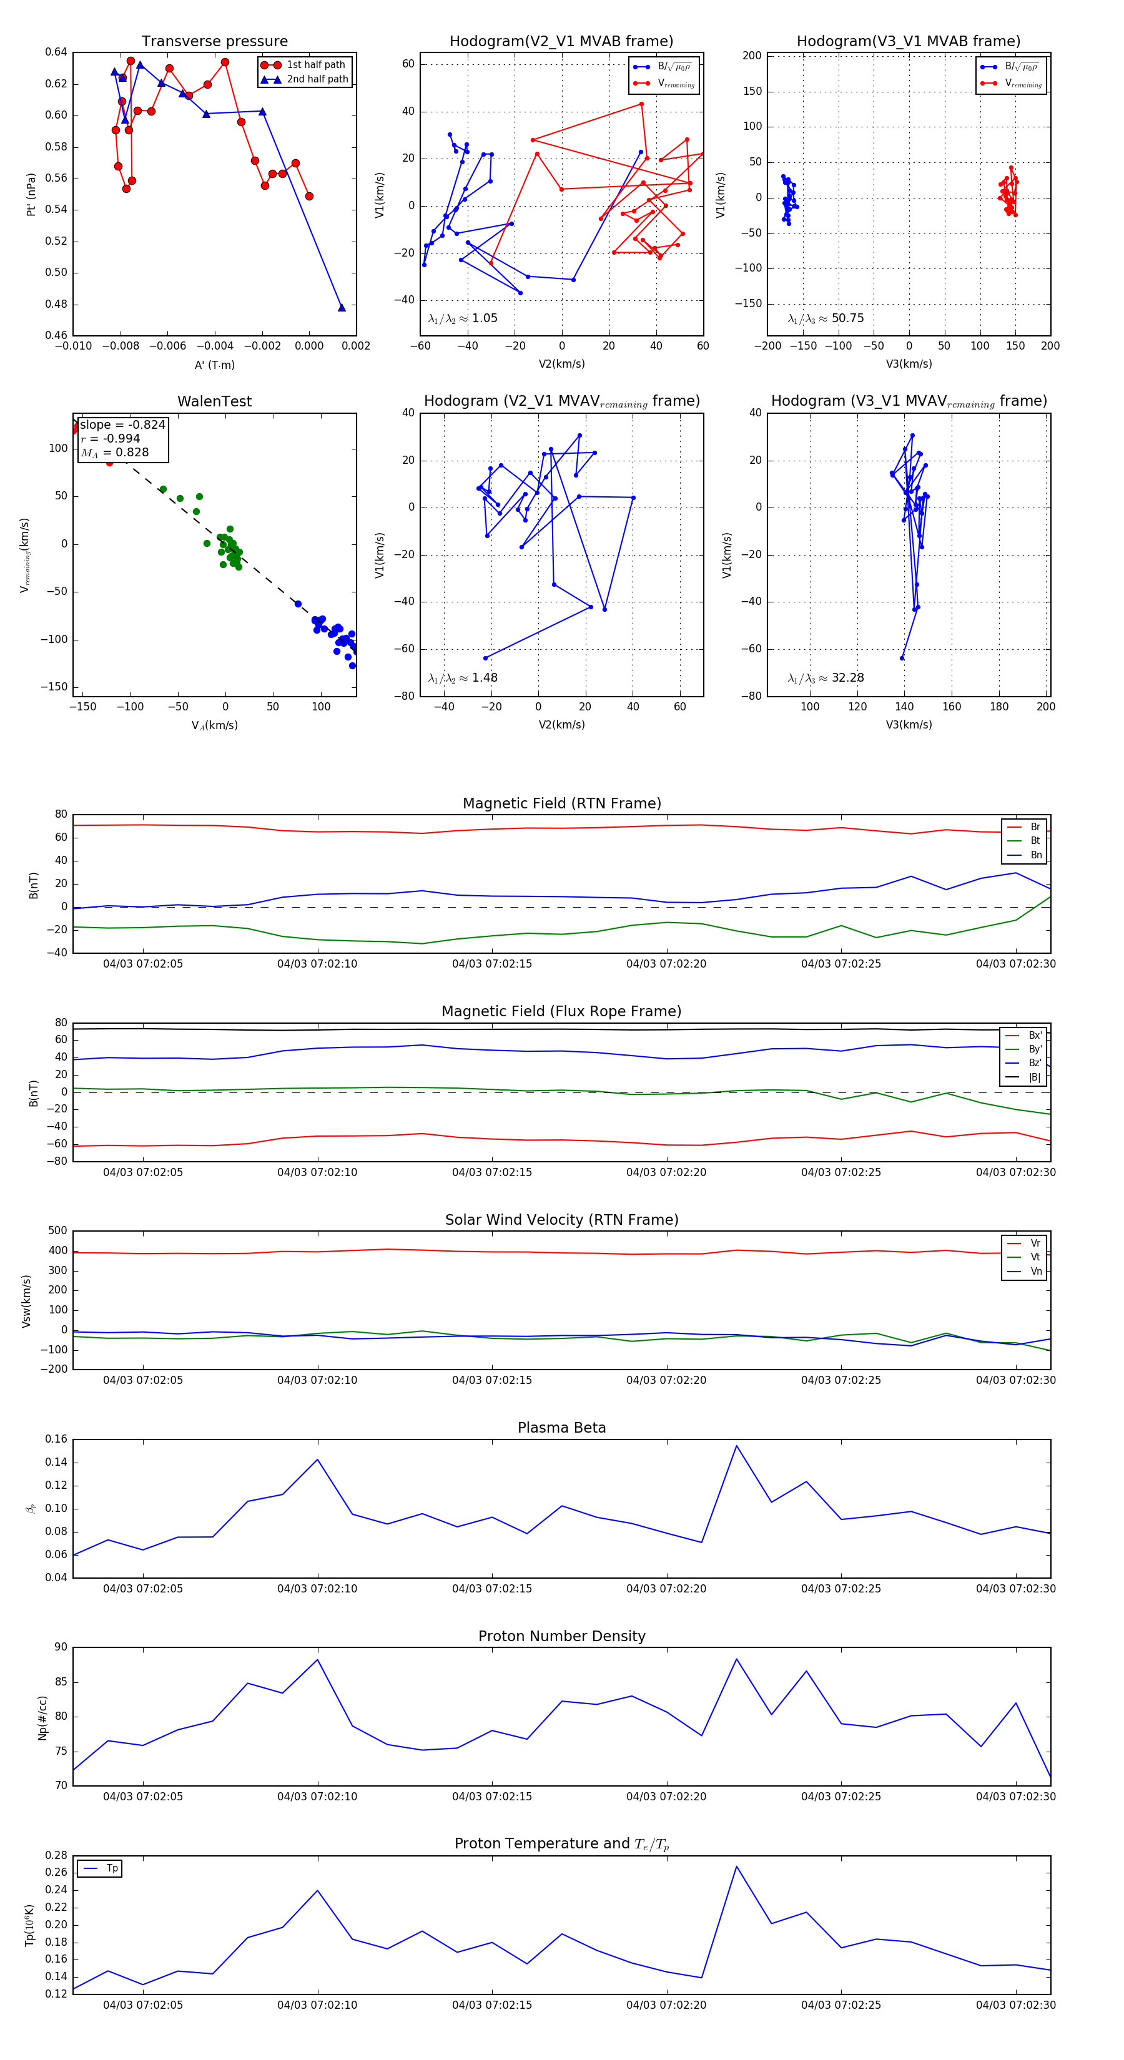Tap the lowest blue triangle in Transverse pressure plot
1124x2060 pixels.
tap(342, 307)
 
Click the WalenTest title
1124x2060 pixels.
tap(214, 401)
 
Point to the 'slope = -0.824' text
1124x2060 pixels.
tap(122, 424)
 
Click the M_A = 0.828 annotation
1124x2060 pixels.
tap(114, 453)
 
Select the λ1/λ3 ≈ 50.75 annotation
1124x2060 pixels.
tap(826, 318)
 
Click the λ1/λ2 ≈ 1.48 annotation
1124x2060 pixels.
tap(462, 678)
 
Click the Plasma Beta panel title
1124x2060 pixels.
tap(561, 1428)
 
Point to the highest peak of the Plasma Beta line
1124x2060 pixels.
tap(736, 1446)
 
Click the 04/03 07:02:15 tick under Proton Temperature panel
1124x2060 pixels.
tap(492, 2005)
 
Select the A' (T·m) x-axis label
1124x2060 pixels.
tap(214, 365)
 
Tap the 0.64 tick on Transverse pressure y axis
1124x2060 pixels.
tap(56, 52)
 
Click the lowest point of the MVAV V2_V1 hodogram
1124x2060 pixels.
tap(485, 658)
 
